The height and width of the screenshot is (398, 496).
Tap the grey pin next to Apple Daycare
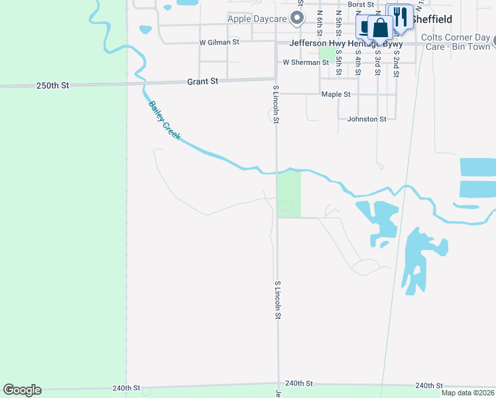tap(300, 17)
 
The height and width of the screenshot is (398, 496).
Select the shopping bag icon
tap(381, 30)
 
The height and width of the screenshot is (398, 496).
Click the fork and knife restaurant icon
tap(399, 17)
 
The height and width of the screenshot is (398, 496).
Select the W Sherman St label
tap(306, 62)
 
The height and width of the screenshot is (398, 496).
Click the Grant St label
tap(202, 81)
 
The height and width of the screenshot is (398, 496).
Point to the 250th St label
tap(52, 86)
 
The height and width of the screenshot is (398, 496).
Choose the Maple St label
tap(336, 94)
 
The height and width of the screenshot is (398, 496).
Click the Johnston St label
tap(367, 119)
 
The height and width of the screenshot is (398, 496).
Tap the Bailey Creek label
tap(164, 119)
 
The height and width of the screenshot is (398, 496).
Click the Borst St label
tap(361, 5)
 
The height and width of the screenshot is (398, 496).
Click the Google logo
tap(22, 390)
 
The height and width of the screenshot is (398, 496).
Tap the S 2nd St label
tap(396, 63)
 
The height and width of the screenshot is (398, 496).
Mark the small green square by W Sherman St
tap(327, 53)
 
